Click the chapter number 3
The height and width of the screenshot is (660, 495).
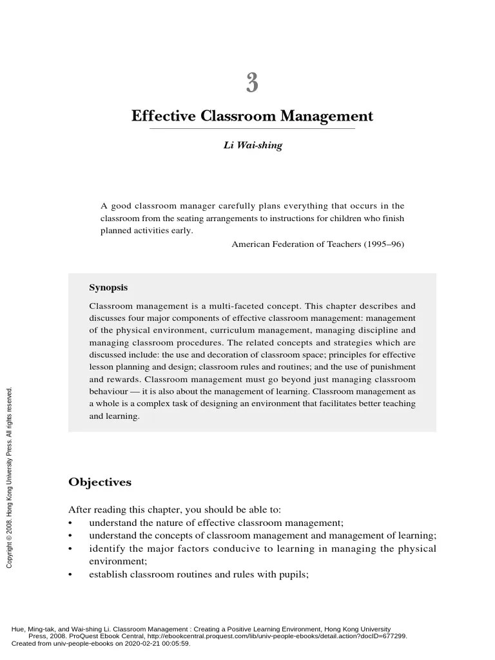[x=252, y=83]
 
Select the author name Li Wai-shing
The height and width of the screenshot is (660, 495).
[x=253, y=146]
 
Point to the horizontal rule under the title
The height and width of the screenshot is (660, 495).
[x=252, y=129]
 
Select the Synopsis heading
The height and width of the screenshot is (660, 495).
[x=108, y=287]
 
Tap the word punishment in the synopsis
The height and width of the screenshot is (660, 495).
[x=393, y=367]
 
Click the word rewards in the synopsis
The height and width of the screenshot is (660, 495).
[x=122, y=380]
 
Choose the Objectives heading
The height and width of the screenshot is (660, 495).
[x=99, y=482]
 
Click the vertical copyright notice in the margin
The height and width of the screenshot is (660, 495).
[x=9, y=478]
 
